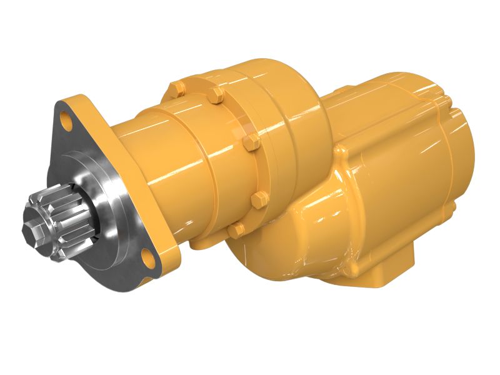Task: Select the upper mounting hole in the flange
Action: point(65,117)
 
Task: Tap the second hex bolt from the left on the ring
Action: point(216,96)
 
